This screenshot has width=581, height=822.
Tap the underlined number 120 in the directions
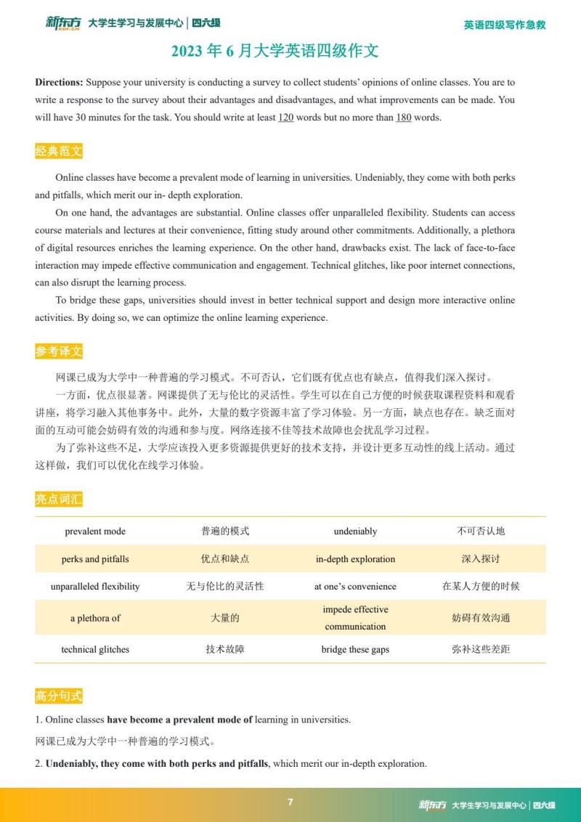[x=285, y=118]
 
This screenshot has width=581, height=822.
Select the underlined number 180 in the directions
[x=403, y=118]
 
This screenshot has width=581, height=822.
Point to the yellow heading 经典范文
[x=59, y=151]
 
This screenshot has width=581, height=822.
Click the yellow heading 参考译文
[x=59, y=351]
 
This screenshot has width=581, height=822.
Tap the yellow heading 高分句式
[x=59, y=696]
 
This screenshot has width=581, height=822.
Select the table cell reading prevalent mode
[x=95, y=532]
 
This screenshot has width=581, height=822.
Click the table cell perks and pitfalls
[x=95, y=559]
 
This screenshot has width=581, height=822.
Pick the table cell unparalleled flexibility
[x=95, y=586]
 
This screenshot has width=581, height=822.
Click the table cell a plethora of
[x=95, y=618]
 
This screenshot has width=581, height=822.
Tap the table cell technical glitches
[x=95, y=649]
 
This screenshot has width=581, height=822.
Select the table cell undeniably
[x=355, y=532]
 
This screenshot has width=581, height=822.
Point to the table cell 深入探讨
[x=481, y=559]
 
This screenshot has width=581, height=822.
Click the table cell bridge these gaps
[x=355, y=649]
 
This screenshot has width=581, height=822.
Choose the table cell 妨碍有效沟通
[x=481, y=618]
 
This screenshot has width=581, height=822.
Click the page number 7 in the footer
[x=290, y=802]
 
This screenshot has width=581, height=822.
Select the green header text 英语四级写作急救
[x=504, y=25]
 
